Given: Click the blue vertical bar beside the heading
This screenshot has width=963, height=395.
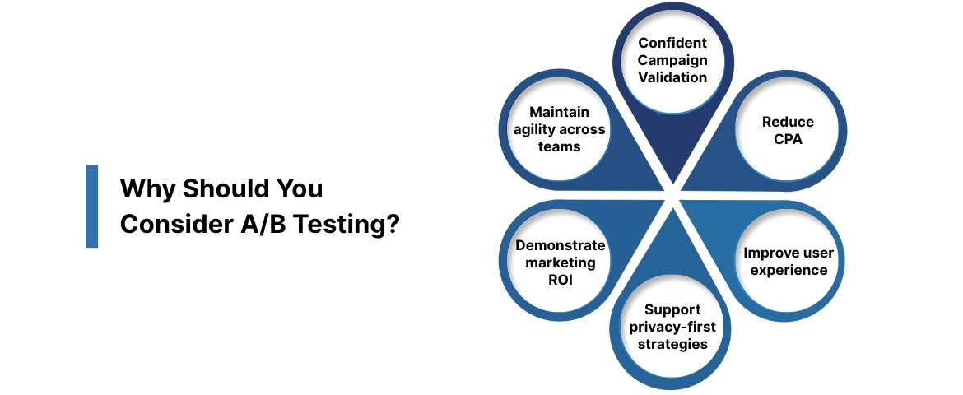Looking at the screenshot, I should (x=91, y=206).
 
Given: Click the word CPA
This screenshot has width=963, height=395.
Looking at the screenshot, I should (x=788, y=139).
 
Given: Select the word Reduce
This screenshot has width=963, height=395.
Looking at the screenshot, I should (x=788, y=122).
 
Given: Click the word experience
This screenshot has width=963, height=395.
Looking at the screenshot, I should (x=788, y=270).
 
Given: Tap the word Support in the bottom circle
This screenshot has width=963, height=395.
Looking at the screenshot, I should (x=672, y=309).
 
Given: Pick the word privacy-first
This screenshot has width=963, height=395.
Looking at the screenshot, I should (x=672, y=327).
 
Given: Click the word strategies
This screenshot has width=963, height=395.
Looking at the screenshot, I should (x=672, y=344).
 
